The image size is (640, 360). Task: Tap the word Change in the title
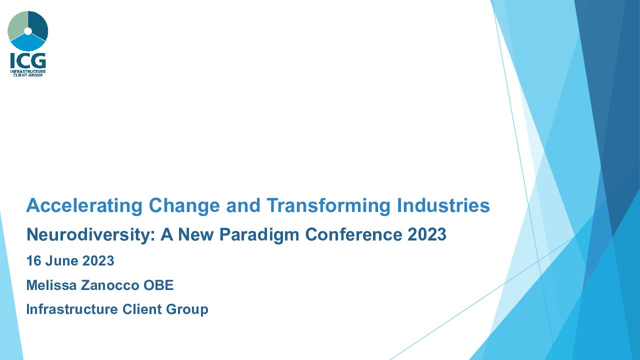click(184, 206)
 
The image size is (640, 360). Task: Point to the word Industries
click(443, 205)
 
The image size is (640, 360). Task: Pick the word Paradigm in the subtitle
click(259, 235)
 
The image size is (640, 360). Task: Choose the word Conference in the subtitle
click(353, 234)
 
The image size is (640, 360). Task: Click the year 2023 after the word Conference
click(427, 234)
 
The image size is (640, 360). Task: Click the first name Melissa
click(51, 285)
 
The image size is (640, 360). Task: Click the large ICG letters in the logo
click(28, 61)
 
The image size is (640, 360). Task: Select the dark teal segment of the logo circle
click(38, 25)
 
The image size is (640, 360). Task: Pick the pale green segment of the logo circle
click(17, 25)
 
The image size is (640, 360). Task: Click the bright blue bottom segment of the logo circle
click(27, 43)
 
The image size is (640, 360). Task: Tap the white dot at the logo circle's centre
click(27, 31)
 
